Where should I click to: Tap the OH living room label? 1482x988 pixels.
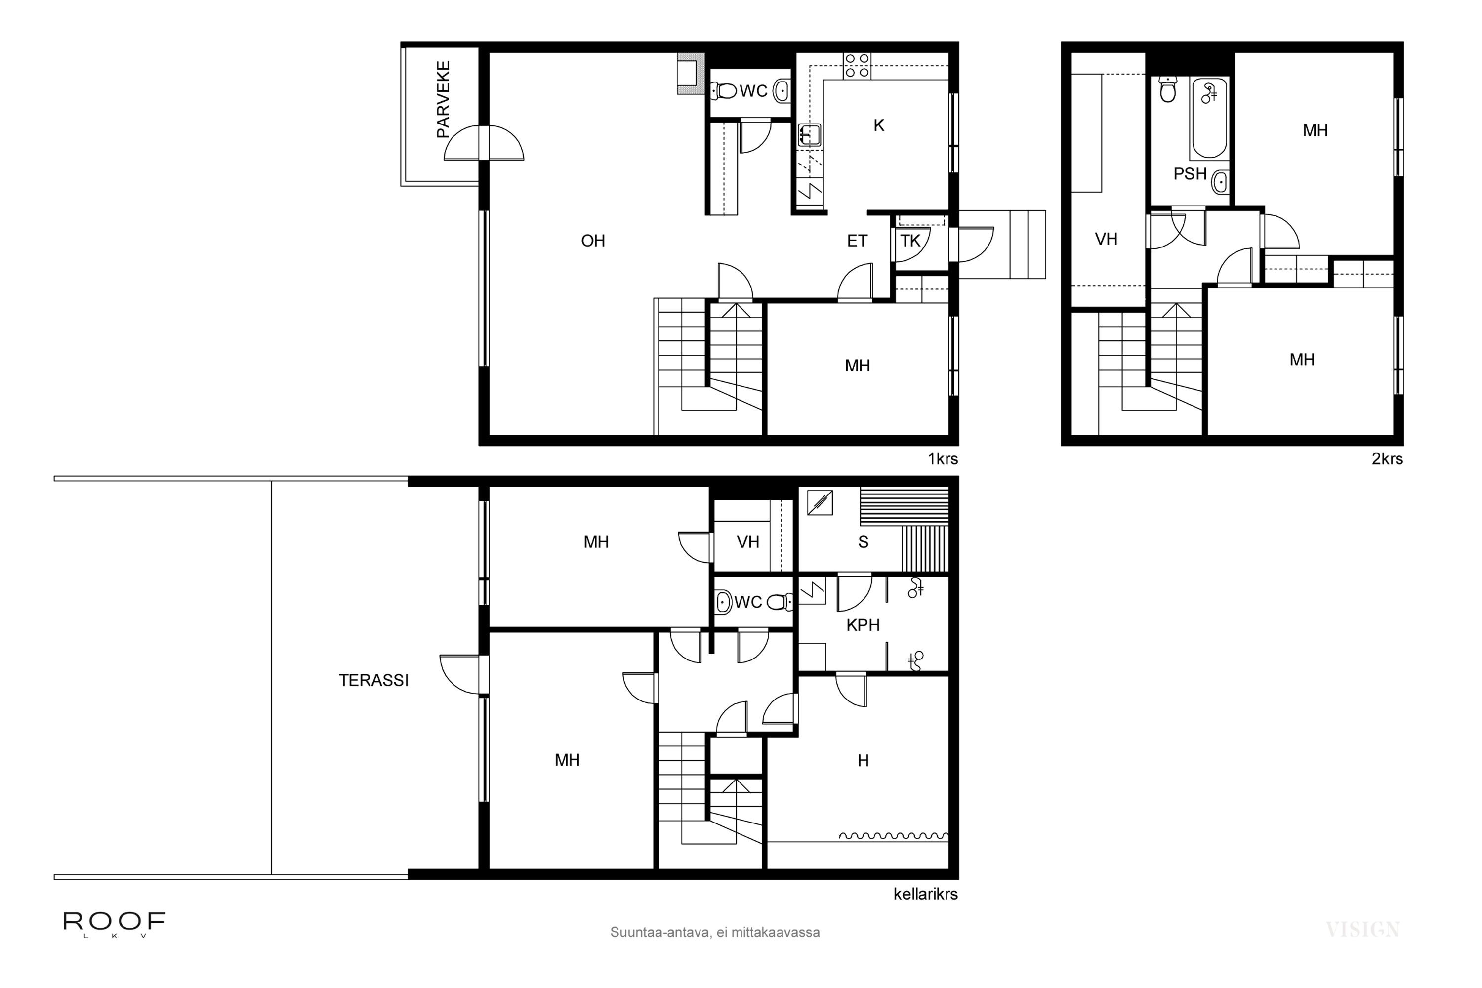[593, 241]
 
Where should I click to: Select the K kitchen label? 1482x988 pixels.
[879, 126]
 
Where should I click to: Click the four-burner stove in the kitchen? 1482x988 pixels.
[857, 66]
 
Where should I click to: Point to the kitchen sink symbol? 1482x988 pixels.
[810, 135]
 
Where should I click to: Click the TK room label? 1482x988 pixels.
[910, 241]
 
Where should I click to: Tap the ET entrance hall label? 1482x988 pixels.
[857, 241]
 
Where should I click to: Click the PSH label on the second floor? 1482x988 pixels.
[1190, 174]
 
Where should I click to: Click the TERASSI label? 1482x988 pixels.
[373, 681]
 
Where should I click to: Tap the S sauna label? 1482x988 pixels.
[863, 542]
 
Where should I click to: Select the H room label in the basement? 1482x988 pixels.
[863, 761]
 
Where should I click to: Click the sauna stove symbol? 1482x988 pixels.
[820, 503]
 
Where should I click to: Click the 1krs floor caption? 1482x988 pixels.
[943, 459]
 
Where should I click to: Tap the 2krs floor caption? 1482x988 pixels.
[1388, 459]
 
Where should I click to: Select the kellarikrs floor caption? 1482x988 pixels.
[926, 894]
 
